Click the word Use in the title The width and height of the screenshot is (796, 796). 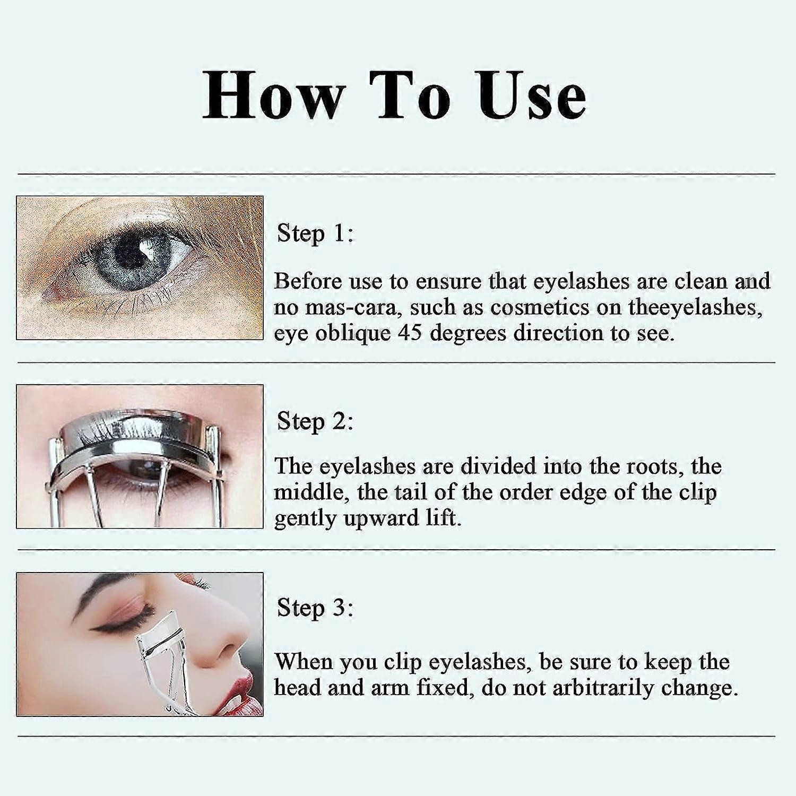[x=532, y=96]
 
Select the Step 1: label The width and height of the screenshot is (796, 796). [x=315, y=233]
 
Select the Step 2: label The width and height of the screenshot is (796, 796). [x=315, y=422]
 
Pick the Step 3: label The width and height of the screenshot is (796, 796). [x=315, y=608]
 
